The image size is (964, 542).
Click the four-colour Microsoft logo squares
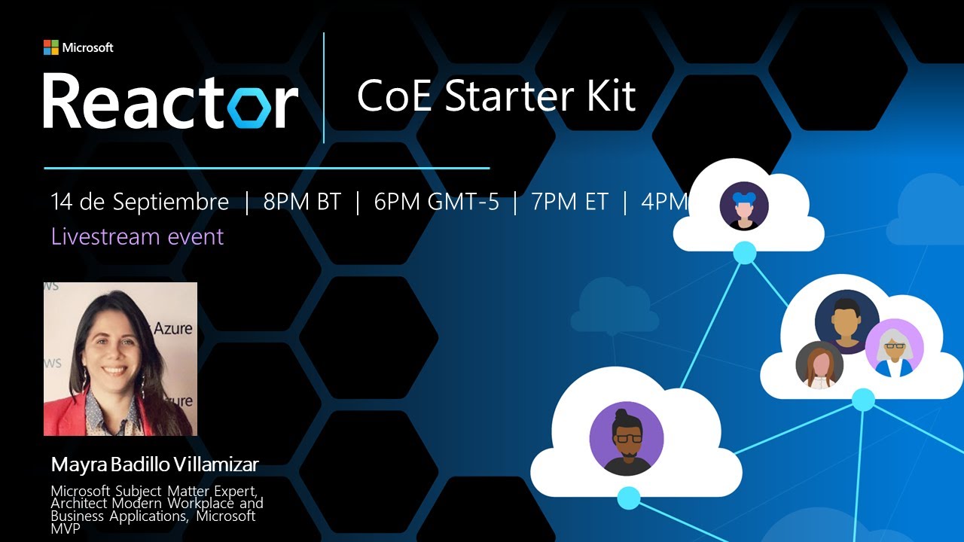click(50, 47)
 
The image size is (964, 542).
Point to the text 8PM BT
click(302, 202)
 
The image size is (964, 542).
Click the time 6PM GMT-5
click(436, 202)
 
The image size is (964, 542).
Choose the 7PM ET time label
click(569, 202)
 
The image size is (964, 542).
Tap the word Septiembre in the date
click(170, 202)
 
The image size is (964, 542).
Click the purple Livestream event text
click(137, 236)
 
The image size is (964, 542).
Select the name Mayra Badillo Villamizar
click(154, 464)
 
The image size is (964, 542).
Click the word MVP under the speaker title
click(65, 528)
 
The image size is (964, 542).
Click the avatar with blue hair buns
click(744, 206)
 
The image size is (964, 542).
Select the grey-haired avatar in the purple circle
click(894, 348)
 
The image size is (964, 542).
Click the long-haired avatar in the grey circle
click(819, 365)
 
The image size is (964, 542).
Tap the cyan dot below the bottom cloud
click(629, 498)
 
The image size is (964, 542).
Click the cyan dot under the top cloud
click(745, 253)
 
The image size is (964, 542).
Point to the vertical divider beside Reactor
click(324, 88)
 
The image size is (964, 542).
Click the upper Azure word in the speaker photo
click(173, 329)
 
